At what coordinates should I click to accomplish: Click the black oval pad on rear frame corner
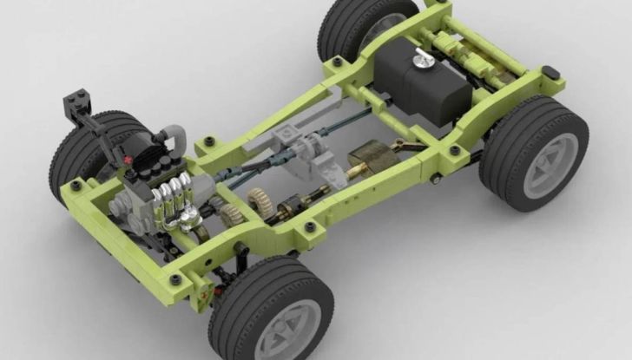coord(550,72)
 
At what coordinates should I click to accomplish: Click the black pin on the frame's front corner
coord(76,185)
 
